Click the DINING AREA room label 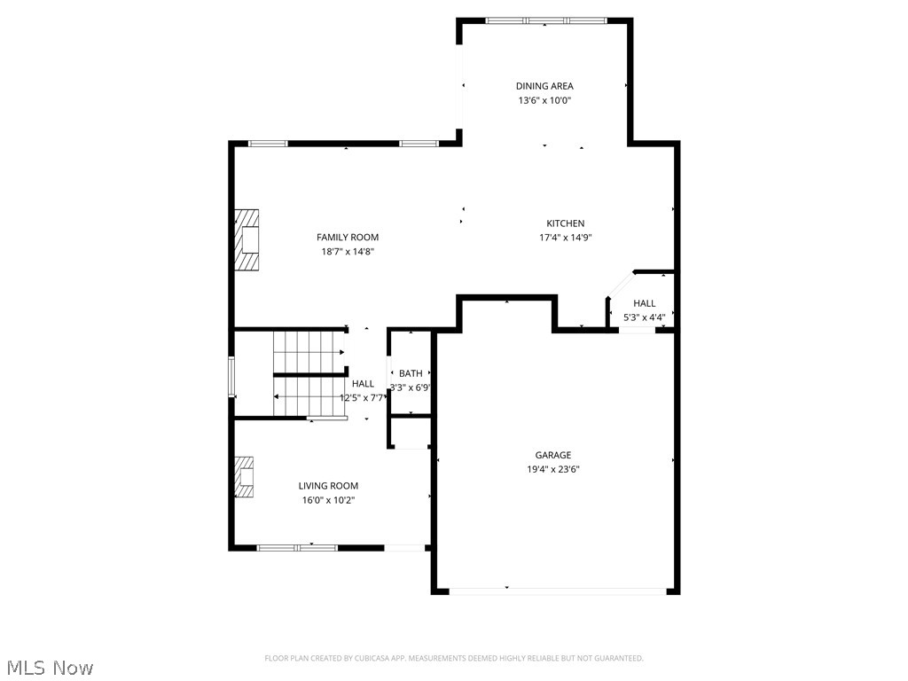tap(544, 86)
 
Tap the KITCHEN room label tap(565, 223)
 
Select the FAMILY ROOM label tap(348, 238)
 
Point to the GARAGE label tap(553, 455)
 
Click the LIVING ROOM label tap(328, 486)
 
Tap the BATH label tap(411, 373)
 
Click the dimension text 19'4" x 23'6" tap(553, 470)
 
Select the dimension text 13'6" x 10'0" tap(544, 101)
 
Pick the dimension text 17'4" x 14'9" tap(565, 238)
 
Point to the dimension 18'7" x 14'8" tap(348, 252)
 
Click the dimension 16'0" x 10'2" tap(328, 500)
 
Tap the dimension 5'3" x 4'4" tap(644, 317)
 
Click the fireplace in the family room tap(247, 239)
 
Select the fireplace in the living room tap(244, 477)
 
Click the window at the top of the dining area tap(546, 21)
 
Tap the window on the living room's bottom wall tap(297, 548)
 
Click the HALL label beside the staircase tap(363, 384)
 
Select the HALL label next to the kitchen tap(644, 303)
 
